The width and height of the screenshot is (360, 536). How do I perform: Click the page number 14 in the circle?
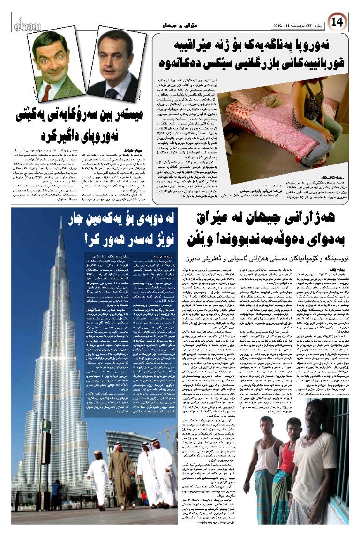pyautogui.click(x=337, y=21)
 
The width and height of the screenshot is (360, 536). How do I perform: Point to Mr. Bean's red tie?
pyautogui.click(x=46, y=92)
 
